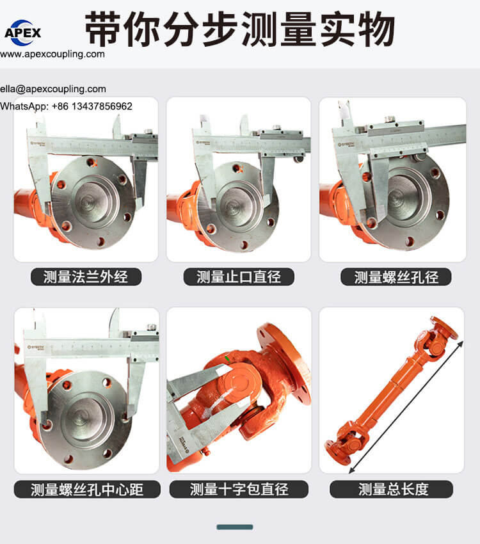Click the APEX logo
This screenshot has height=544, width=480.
[x=23, y=33]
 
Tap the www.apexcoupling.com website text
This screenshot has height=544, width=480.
[x=52, y=54]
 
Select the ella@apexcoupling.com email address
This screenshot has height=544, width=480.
[x=53, y=89]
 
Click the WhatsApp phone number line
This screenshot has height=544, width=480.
[x=67, y=106]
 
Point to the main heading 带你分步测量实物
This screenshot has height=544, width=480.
[x=240, y=29]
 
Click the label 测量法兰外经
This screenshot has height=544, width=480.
[x=86, y=277]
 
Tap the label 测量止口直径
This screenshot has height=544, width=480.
[x=239, y=277]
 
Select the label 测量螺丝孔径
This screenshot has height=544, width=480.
[x=396, y=277]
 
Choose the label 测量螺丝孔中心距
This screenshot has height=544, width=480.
[x=87, y=490]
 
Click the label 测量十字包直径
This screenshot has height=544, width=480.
[x=239, y=489]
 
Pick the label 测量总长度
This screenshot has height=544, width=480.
[x=392, y=489]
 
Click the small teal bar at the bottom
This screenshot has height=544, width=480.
[x=235, y=527]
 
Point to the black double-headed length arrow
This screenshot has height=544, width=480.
[x=406, y=407]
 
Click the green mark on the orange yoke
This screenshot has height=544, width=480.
[x=227, y=359]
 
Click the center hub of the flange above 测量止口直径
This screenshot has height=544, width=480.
[x=238, y=205]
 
